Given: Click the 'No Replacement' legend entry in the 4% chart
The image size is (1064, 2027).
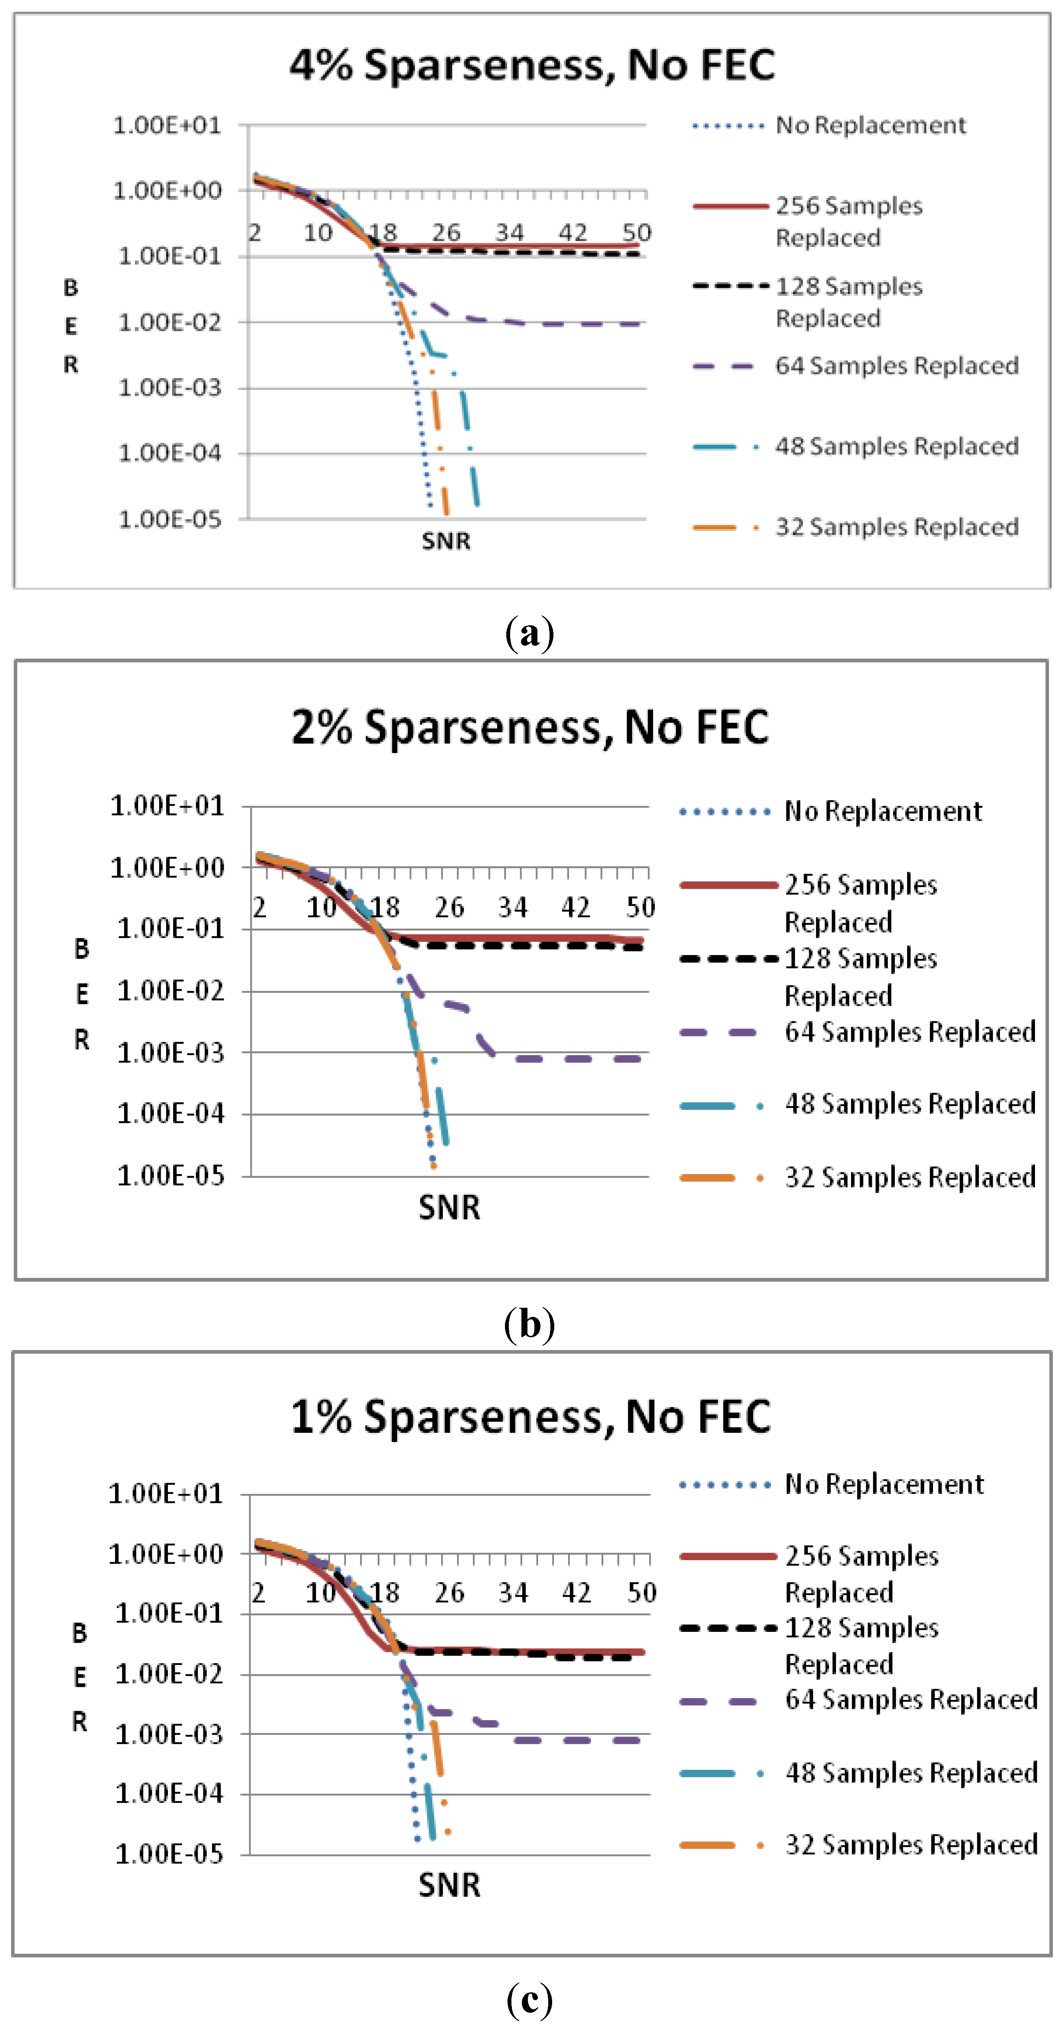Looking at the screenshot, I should tap(871, 125).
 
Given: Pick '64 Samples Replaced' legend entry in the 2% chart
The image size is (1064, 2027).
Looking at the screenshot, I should tap(910, 1032).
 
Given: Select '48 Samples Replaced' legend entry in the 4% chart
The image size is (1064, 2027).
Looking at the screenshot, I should tap(897, 446).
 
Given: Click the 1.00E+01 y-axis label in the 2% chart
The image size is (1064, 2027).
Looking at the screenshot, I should tap(167, 806).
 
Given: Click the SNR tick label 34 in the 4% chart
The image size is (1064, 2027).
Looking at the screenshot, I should tap(509, 233).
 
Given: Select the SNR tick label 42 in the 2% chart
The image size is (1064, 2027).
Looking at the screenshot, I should tap(575, 908).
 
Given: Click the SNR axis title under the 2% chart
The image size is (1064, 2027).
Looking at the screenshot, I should tap(449, 1207).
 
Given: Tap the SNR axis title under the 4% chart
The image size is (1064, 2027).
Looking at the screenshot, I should tap(445, 541).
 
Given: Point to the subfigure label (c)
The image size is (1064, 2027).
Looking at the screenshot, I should tap(530, 1999).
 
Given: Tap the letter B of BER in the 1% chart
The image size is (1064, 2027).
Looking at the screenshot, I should tap(80, 1634).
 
